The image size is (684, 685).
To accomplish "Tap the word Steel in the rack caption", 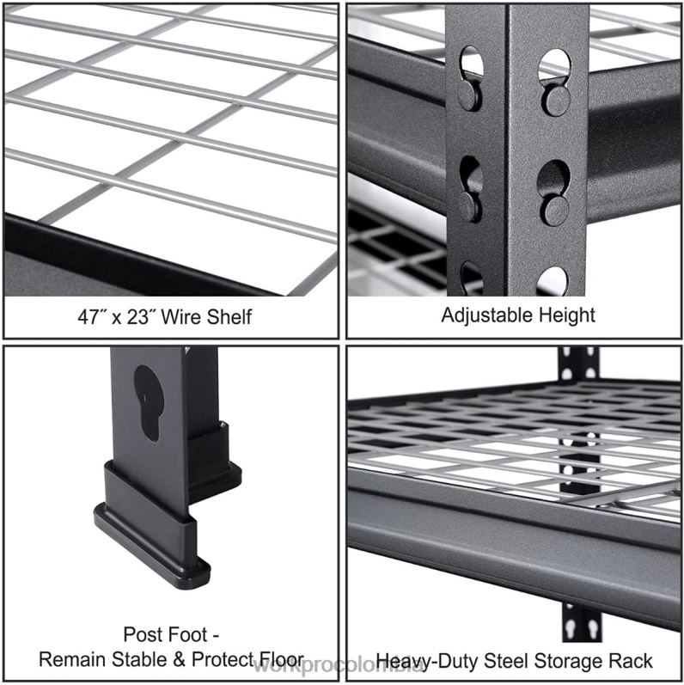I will tap(504, 661).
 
